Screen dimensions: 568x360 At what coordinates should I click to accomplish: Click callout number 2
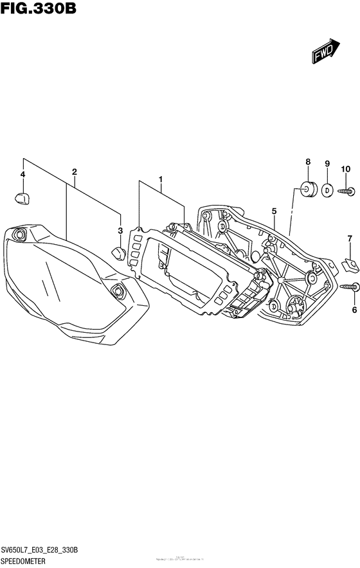pyautogui.click(x=75, y=172)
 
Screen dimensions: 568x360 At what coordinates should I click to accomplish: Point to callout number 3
pyautogui.click(x=120, y=230)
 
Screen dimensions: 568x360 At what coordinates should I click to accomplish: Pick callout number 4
pyautogui.click(x=22, y=175)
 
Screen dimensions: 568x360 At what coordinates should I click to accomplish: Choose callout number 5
pyautogui.click(x=274, y=211)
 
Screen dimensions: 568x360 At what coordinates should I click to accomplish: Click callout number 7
pyautogui.click(x=350, y=239)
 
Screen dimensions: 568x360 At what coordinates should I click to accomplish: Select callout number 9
pyautogui.click(x=327, y=164)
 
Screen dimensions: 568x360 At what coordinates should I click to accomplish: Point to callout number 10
pyautogui.click(x=345, y=169)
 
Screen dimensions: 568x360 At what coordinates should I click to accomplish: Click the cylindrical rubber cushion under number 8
pyautogui.click(x=307, y=190)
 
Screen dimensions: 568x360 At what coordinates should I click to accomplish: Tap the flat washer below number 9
pyautogui.click(x=327, y=190)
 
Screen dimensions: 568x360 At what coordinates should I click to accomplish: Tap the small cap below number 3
pyautogui.click(x=118, y=253)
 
